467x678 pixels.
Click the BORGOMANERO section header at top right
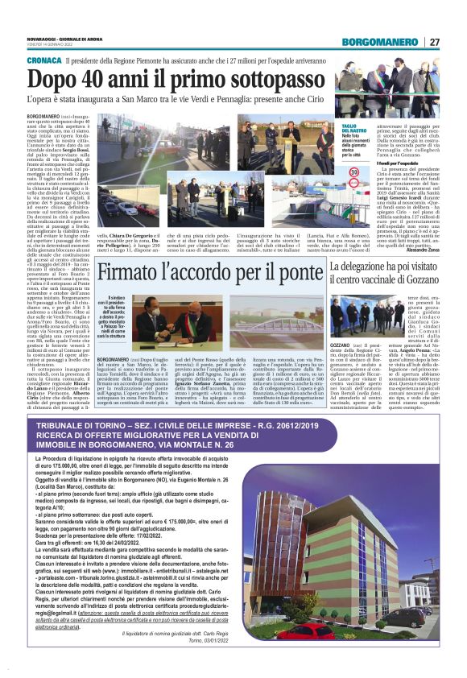tap(381, 42)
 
